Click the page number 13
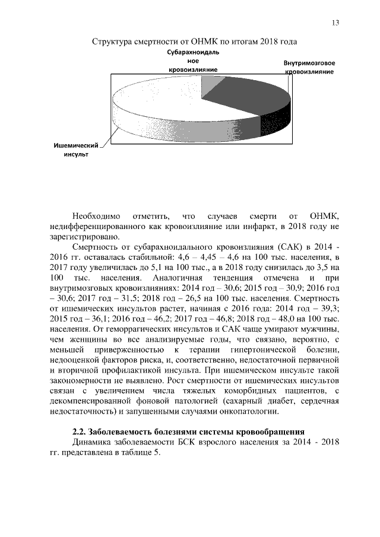pos(335,23)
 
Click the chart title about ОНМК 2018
pos(194,42)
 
